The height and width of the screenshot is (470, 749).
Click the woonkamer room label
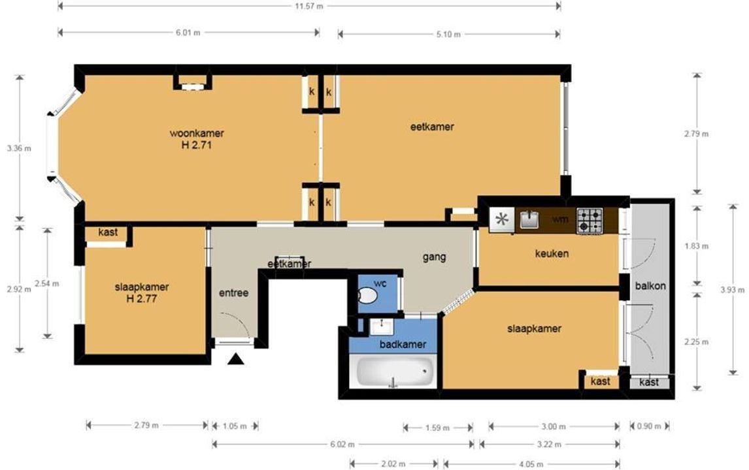tap(197, 133)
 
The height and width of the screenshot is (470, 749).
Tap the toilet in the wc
tap(367, 295)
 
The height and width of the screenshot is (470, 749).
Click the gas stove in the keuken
tap(590, 221)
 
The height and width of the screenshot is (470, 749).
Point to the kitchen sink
tap(529, 219)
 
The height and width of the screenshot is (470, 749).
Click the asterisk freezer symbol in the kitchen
tap(501, 219)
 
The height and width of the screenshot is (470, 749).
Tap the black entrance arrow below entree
tap(236, 359)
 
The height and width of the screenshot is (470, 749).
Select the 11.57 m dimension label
tap(309, 7)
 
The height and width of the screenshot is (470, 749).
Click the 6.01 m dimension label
tap(188, 33)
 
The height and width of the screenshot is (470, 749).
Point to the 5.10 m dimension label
tap(448, 35)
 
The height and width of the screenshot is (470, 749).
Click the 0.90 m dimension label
tap(649, 426)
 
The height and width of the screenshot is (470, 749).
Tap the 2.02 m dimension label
tap(393, 463)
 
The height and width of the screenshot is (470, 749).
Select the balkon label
tap(650, 287)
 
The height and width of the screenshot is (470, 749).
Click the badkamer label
tap(403, 345)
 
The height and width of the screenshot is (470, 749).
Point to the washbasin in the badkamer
tap(382, 327)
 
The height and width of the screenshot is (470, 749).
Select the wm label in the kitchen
tap(560, 219)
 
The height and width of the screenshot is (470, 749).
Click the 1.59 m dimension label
tap(437, 428)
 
